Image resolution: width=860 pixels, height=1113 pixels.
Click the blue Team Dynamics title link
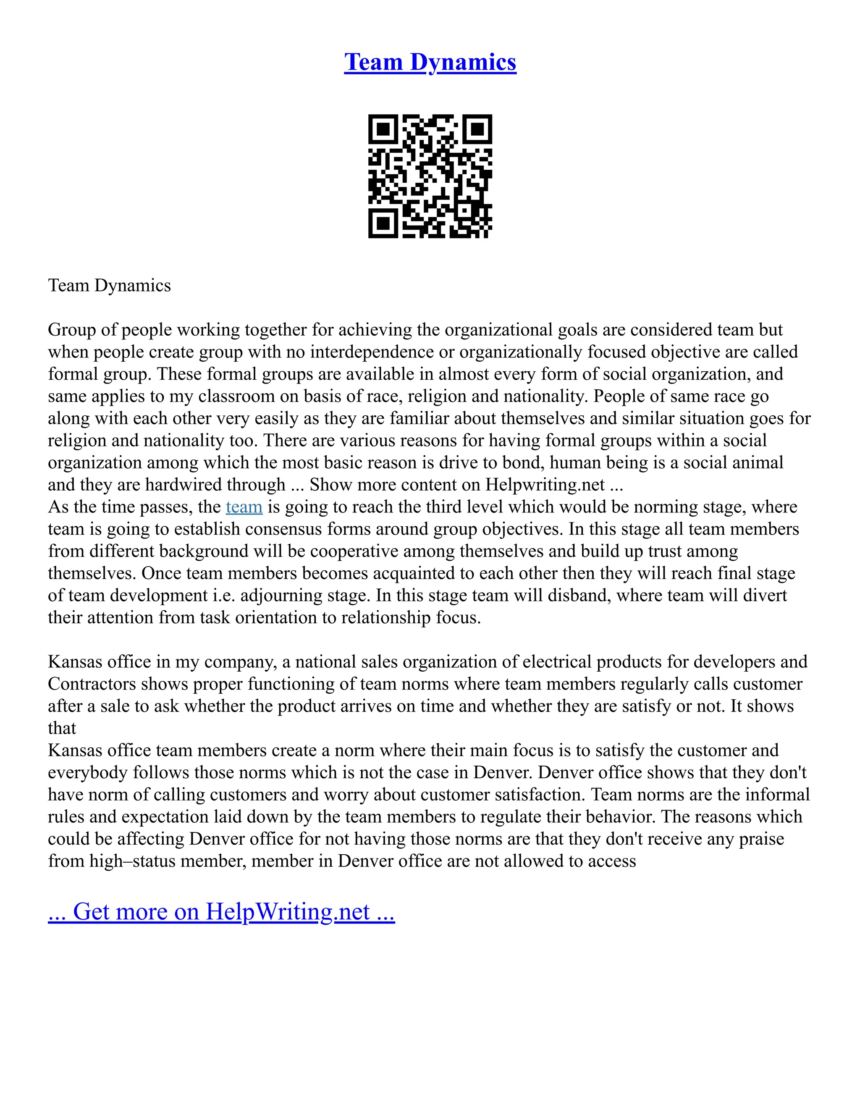(430, 62)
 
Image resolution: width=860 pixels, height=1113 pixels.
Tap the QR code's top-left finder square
(383, 129)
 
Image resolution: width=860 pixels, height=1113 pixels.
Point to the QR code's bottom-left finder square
(383, 223)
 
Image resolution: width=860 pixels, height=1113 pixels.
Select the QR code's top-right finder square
(477, 129)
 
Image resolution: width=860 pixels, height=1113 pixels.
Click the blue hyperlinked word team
(244, 507)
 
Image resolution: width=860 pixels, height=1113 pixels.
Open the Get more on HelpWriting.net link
(221, 912)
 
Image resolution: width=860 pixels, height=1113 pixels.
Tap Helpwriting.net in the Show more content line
(545, 485)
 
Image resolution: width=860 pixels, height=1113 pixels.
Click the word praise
(760, 839)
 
